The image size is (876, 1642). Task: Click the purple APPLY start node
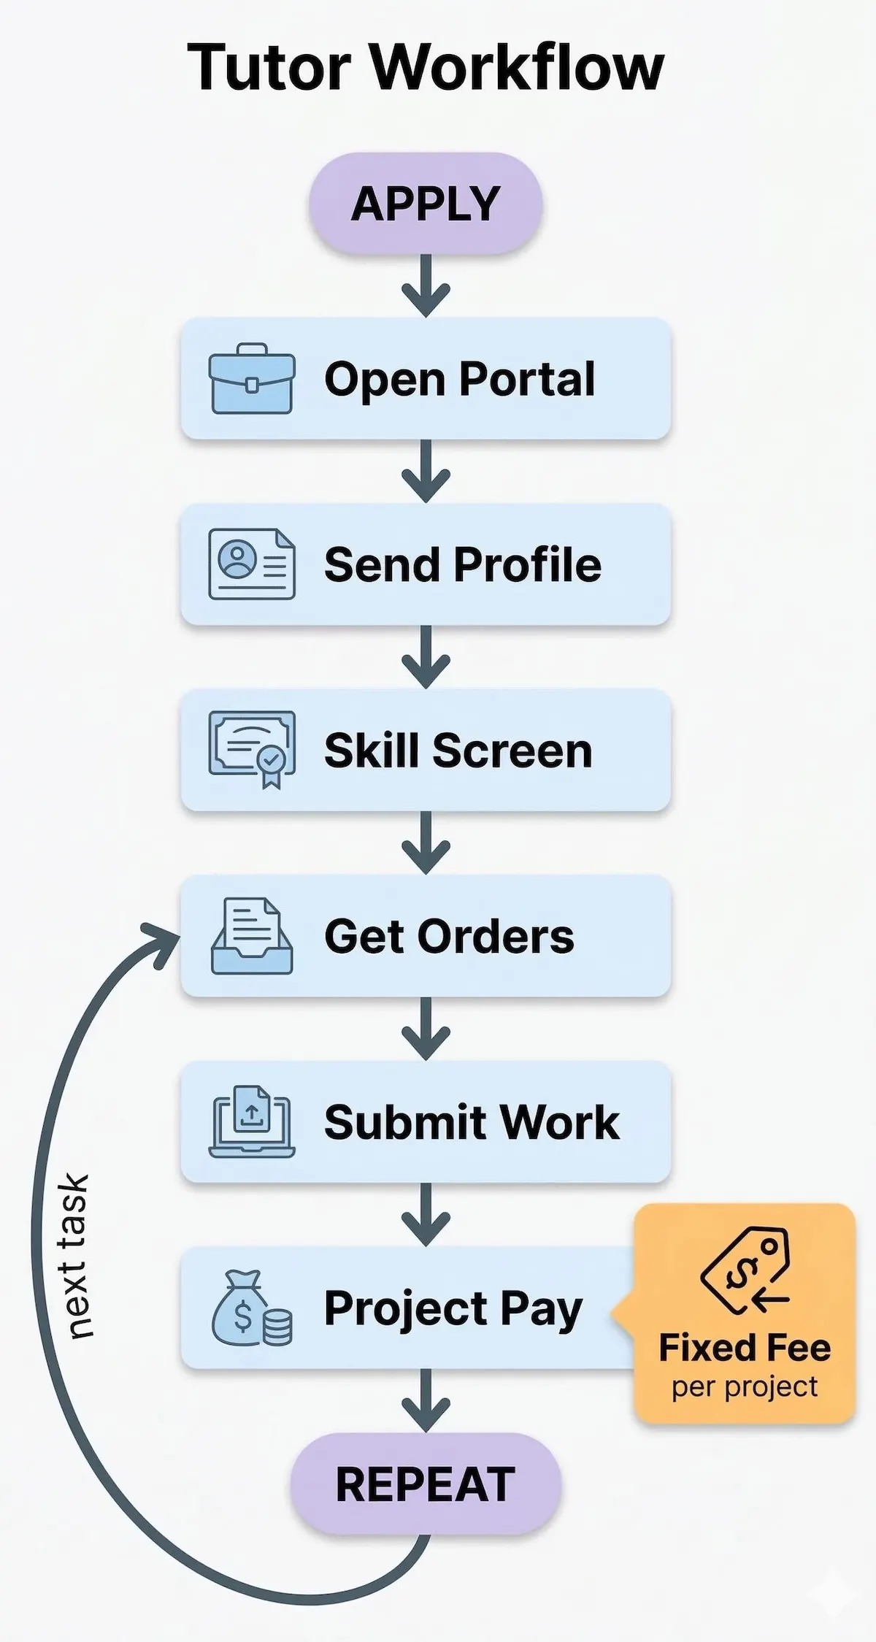pos(426,203)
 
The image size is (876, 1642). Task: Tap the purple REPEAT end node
pos(426,1484)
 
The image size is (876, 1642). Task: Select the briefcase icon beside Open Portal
pos(252,378)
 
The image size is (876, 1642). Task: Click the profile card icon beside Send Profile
pos(252,564)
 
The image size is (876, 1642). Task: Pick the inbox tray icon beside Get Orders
pos(252,936)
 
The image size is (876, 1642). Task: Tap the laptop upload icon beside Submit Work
pos(252,1122)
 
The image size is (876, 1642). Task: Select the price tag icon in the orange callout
pos(745,1270)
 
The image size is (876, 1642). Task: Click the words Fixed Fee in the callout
pos(745,1348)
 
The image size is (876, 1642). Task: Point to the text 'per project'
pos(745,1386)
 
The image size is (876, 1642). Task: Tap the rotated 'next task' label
pos(75,1256)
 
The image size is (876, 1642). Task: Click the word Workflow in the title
pos(518,68)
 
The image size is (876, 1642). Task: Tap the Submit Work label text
pos(472,1122)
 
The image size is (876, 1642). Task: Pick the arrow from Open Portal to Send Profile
pos(426,472)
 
